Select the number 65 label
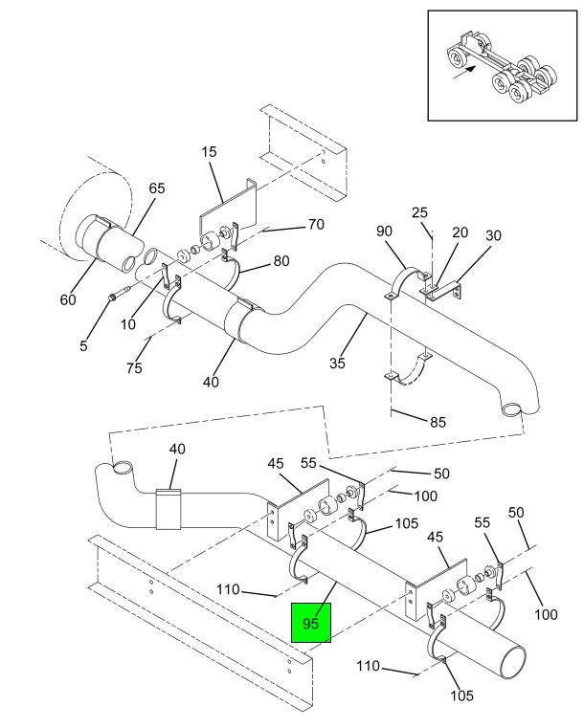(156, 188)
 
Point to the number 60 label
(68, 299)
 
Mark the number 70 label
(315, 225)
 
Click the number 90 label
(383, 232)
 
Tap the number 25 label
(419, 211)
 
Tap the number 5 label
(83, 346)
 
